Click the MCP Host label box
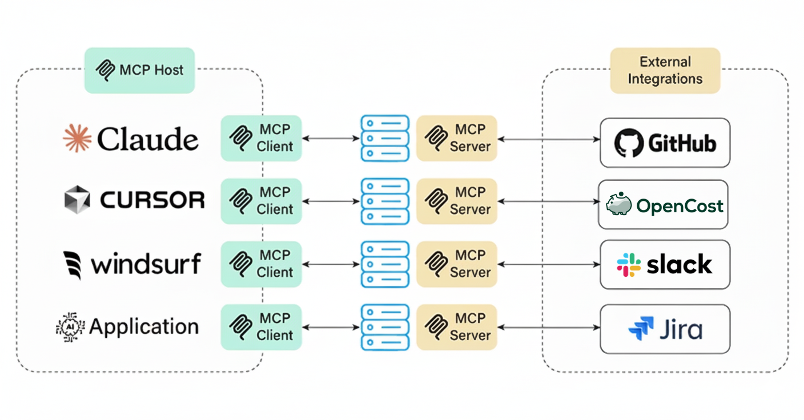[x=139, y=70]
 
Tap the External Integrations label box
[x=665, y=70]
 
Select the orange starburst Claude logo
[x=77, y=139]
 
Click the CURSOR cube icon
[x=77, y=200]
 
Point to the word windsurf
[x=146, y=264]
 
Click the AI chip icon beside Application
[x=70, y=327]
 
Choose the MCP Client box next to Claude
[x=261, y=138]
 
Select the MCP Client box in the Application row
[x=261, y=327]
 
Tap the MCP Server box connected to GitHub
[x=456, y=138]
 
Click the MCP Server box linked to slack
[x=456, y=264]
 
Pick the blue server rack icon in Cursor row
[x=385, y=201]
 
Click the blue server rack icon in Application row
[x=385, y=328]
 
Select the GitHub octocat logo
[x=629, y=143]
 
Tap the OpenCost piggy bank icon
[x=618, y=204]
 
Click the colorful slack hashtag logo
[x=629, y=265]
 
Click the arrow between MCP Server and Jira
[x=548, y=328]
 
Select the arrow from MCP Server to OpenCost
[x=548, y=201]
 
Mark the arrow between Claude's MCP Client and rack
[x=331, y=138]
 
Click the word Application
[x=144, y=327]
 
